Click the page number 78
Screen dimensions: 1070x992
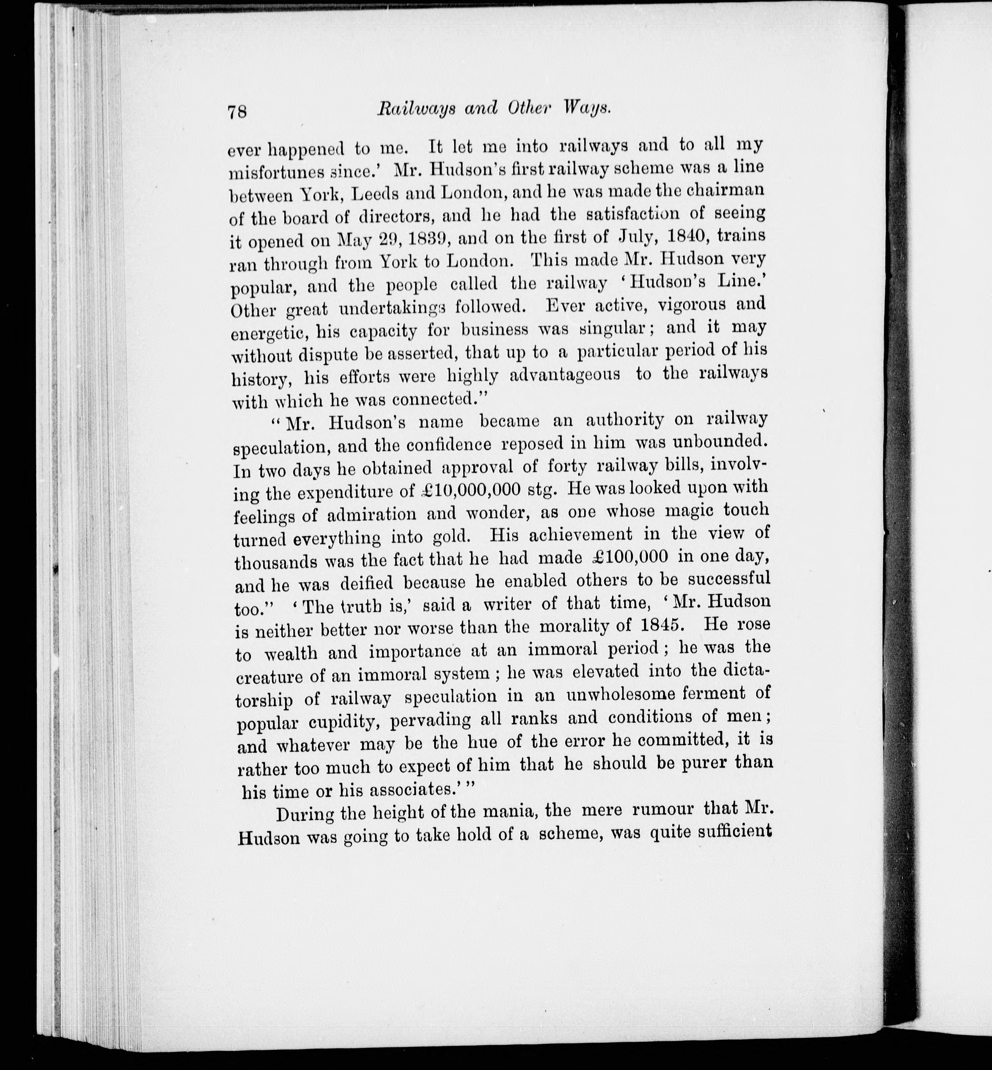[237, 111]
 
